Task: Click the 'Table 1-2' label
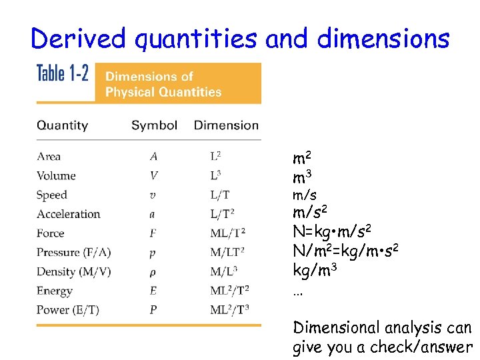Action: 62,73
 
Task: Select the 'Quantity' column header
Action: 62,125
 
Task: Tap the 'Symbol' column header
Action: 154,125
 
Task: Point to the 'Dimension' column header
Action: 226,125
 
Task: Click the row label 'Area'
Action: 49,157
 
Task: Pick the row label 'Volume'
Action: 56,176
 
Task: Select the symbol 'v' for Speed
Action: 154,195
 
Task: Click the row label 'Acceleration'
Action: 68,214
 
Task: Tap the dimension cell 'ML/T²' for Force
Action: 228,233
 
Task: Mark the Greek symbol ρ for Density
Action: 154,272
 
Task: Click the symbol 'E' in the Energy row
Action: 154,291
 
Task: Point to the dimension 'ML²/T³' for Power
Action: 229,310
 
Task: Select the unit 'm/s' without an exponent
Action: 305,195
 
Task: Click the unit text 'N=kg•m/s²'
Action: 332,232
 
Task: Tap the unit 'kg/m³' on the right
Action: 315,271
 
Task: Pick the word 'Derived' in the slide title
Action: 77,39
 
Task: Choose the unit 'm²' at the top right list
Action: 302,159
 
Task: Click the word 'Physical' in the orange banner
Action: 129,92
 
